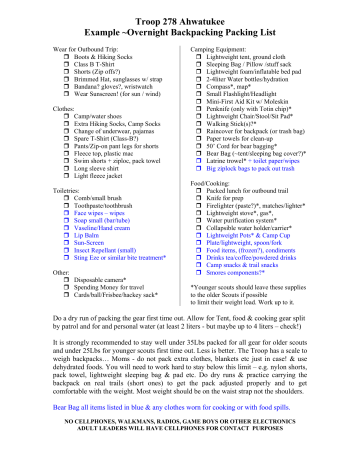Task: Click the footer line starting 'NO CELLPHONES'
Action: coord(180,448)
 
